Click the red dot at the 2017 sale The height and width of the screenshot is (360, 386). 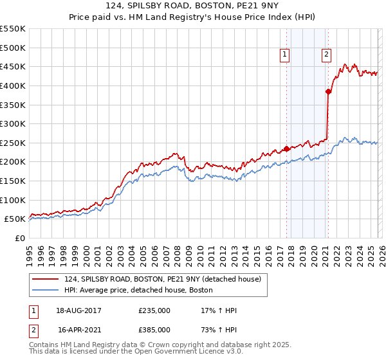(x=286, y=148)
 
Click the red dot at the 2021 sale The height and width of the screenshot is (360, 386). (x=328, y=91)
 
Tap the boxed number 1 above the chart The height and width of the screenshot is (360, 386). (x=285, y=55)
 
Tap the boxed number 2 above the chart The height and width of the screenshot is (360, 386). (x=327, y=55)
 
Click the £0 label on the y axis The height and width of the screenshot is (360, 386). (x=20, y=238)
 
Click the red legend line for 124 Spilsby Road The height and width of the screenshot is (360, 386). (x=46, y=280)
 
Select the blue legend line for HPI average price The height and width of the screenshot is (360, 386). (x=46, y=291)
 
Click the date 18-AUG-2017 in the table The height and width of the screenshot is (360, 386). (x=78, y=310)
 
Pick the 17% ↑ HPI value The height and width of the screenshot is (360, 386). (x=219, y=310)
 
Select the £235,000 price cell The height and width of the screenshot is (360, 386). (x=154, y=310)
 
